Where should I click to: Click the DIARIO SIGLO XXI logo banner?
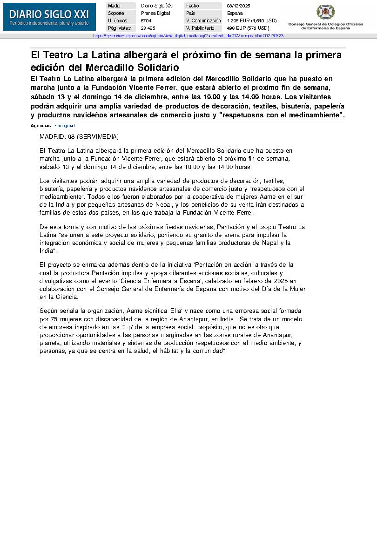49,17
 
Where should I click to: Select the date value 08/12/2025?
238,6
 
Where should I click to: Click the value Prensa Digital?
155,13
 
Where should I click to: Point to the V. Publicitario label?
200,28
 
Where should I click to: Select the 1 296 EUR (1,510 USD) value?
251,20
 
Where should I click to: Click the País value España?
235,13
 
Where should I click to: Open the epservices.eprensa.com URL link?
188,36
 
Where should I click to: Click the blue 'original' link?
66,126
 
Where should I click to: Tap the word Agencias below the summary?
41,126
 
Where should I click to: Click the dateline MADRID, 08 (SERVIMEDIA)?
79,137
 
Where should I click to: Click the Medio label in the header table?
114,6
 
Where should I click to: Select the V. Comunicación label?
203,20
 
